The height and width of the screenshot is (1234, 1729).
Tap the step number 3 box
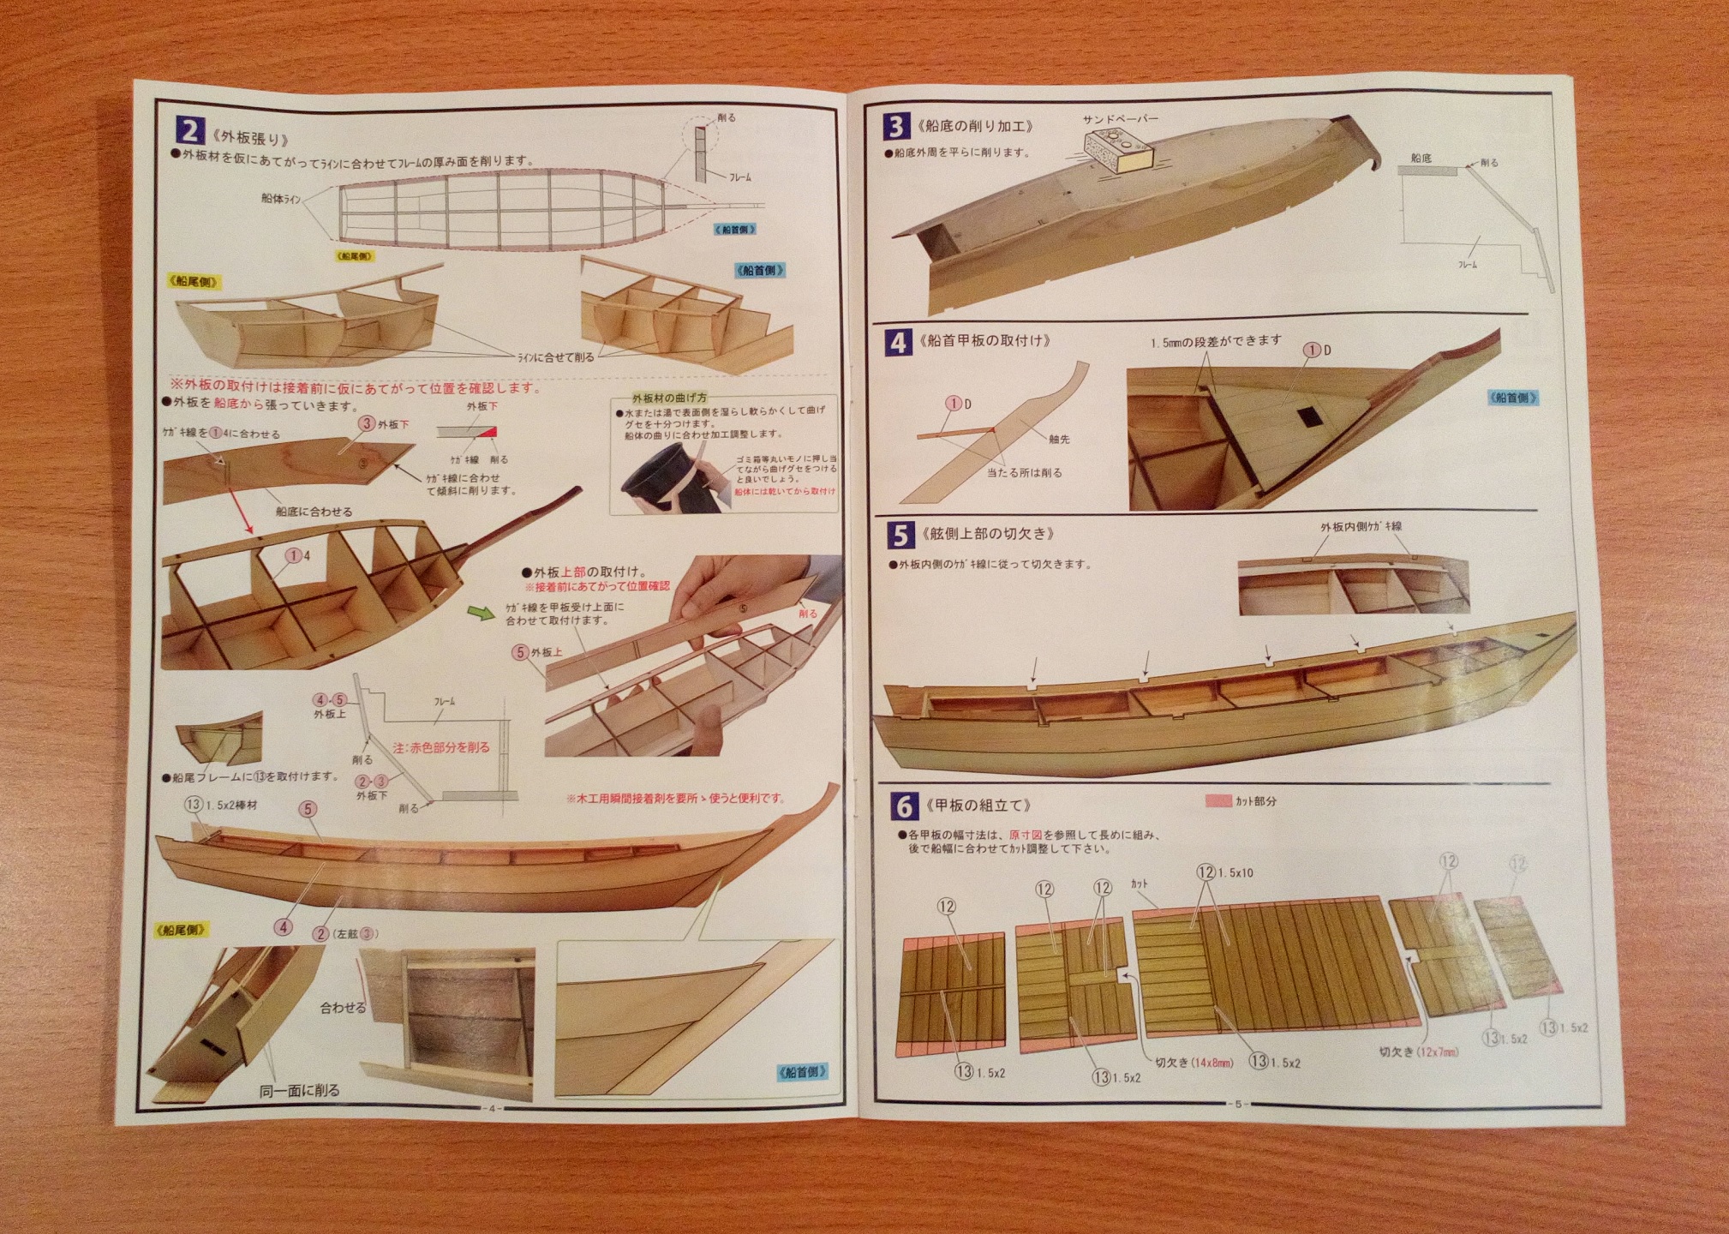(x=896, y=127)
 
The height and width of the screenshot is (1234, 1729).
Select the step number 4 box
(x=898, y=343)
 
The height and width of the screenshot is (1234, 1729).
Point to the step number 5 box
(x=900, y=535)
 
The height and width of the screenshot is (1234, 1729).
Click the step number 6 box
(x=903, y=806)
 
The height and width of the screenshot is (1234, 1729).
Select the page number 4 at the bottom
(x=492, y=1108)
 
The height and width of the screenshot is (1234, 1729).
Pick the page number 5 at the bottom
(x=1237, y=1104)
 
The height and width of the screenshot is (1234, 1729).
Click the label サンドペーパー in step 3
(x=1121, y=119)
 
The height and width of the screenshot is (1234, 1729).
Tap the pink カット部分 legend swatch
(x=1217, y=801)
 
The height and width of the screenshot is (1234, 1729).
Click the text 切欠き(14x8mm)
(x=1194, y=1063)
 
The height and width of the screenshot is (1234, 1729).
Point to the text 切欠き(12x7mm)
(x=1418, y=1051)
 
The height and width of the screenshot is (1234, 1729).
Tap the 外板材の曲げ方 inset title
(x=669, y=398)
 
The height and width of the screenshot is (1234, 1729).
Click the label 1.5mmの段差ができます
(x=1216, y=341)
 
